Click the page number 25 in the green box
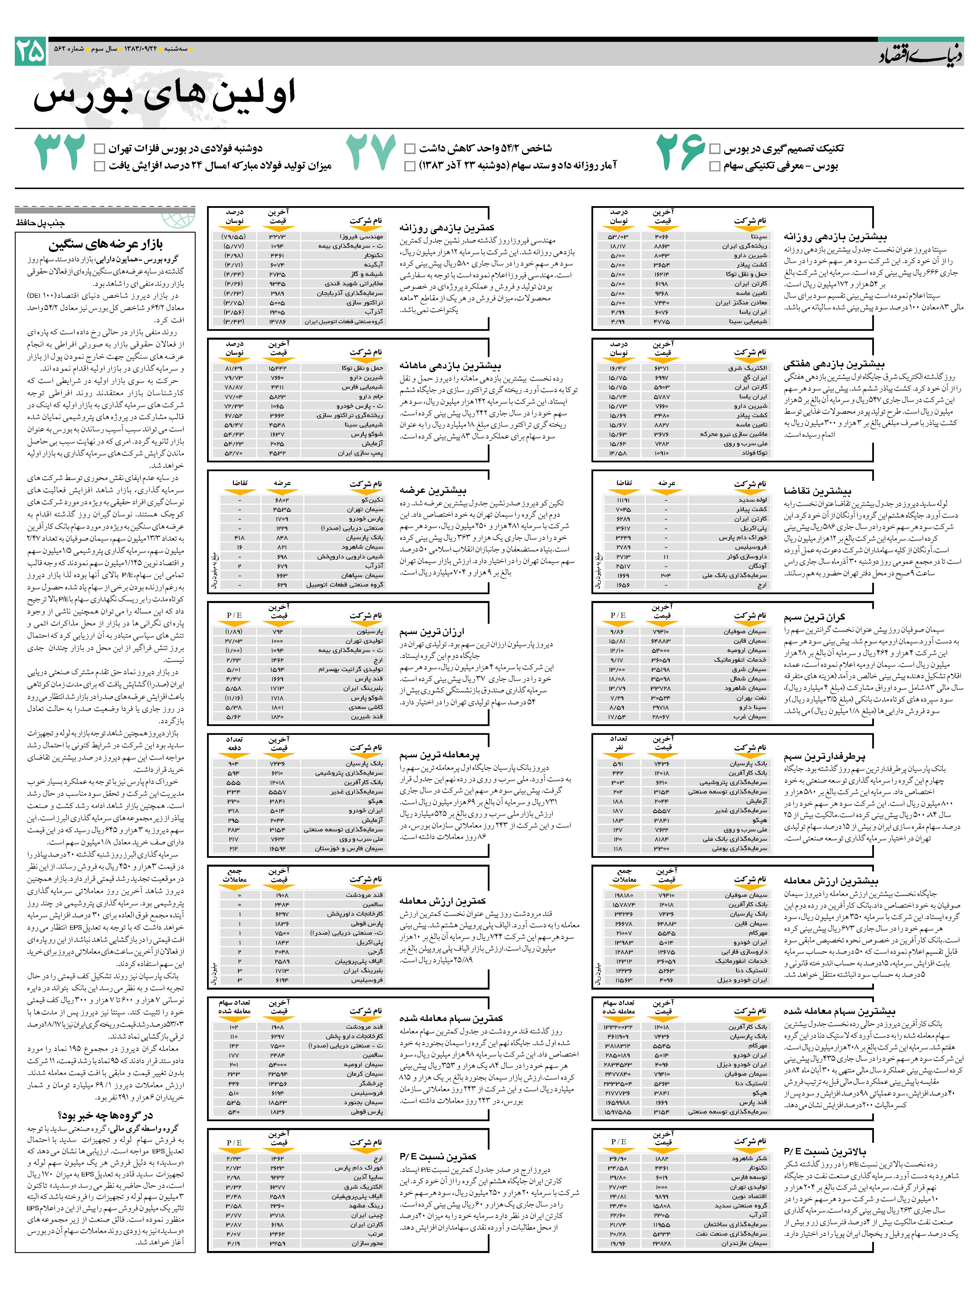[30, 52]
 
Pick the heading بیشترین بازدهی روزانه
[835, 237]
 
